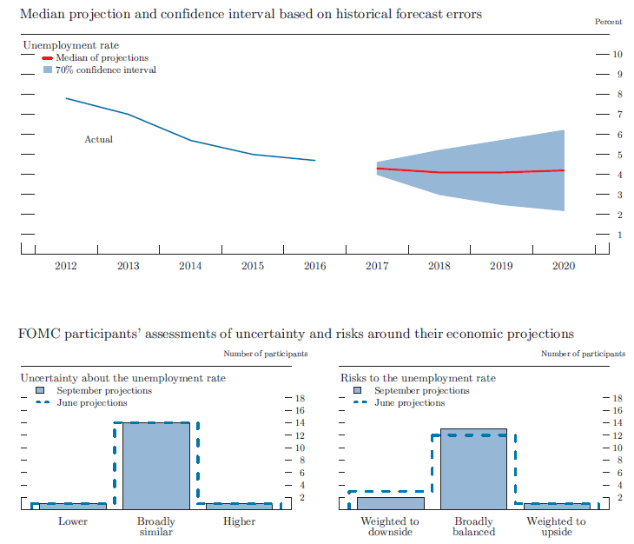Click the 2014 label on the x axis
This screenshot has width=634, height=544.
(x=190, y=266)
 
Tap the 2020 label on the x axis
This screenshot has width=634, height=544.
(x=565, y=266)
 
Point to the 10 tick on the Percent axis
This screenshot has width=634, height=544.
(x=617, y=54)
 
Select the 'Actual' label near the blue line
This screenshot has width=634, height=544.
(x=98, y=139)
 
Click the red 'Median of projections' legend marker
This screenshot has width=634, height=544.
(x=47, y=57)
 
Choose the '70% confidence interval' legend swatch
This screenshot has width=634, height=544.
(x=47, y=70)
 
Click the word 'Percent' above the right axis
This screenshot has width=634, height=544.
(x=609, y=21)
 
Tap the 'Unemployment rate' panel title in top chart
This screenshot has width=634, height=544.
(x=70, y=44)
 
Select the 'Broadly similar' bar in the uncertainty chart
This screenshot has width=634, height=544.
(x=156, y=465)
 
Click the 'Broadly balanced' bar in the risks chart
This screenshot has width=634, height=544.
(x=473, y=468)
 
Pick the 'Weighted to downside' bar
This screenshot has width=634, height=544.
(x=390, y=502)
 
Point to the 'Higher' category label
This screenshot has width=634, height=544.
(x=239, y=521)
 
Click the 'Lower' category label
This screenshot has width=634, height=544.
(x=73, y=521)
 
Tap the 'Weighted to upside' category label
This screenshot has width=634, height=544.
(x=557, y=527)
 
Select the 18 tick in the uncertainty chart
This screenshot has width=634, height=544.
(x=300, y=398)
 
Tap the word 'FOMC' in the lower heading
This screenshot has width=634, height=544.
(x=36, y=334)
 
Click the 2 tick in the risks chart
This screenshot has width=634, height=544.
(x=618, y=497)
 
